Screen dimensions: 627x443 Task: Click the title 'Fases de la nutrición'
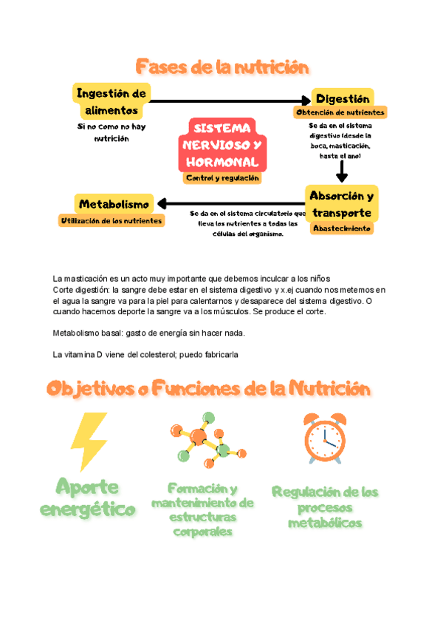pyautogui.click(x=221, y=68)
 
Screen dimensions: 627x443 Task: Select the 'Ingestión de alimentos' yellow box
pyautogui.click(x=111, y=101)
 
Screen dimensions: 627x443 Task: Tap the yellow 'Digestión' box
pyautogui.click(x=342, y=98)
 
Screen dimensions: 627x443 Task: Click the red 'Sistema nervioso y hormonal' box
pyautogui.click(x=222, y=144)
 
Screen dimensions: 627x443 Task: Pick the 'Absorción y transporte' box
pyautogui.click(x=341, y=204)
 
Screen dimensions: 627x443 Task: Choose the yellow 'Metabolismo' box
pyautogui.click(x=114, y=204)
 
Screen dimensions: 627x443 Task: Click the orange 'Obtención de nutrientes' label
pyautogui.click(x=340, y=112)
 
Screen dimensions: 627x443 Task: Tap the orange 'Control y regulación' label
pyautogui.click(x=222, y=178)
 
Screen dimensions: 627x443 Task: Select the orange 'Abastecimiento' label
pyautogui.click(x=341, y=228)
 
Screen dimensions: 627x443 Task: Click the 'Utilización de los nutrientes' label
pyautogui.click(x=111, y=220)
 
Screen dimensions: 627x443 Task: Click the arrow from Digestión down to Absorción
pyautogui.click(x=341, y=171)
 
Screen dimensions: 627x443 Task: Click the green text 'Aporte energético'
pyautogui.click(x=89, y=498)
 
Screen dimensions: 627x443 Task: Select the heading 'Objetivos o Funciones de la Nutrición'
pyautogui.click(x=208, y=388)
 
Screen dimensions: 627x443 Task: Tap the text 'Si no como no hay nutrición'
pyautogui.click(x=107, y=132)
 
